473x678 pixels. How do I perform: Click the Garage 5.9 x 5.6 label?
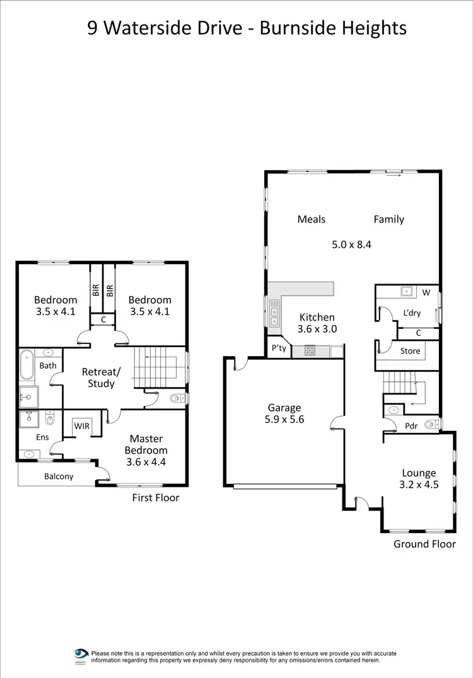284,413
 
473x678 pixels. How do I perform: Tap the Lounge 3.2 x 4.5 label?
419,479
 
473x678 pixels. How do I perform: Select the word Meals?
312,219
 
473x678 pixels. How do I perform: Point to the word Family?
388,219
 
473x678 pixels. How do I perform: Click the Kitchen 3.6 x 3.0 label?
317,323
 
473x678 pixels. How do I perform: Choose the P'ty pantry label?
278,348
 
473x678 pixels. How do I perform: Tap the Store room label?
410,351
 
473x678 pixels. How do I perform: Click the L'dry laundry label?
412,313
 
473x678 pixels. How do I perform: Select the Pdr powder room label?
411,425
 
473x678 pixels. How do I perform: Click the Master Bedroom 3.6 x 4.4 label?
146,450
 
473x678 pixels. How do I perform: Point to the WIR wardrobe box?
82,427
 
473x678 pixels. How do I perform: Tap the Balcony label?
59,476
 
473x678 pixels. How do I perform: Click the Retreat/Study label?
101,377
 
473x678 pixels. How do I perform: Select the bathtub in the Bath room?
26,366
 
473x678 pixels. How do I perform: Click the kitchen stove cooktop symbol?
310,350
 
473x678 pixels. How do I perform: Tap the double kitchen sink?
274,313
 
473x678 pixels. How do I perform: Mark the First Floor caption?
156,498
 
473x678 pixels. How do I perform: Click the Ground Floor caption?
424,544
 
